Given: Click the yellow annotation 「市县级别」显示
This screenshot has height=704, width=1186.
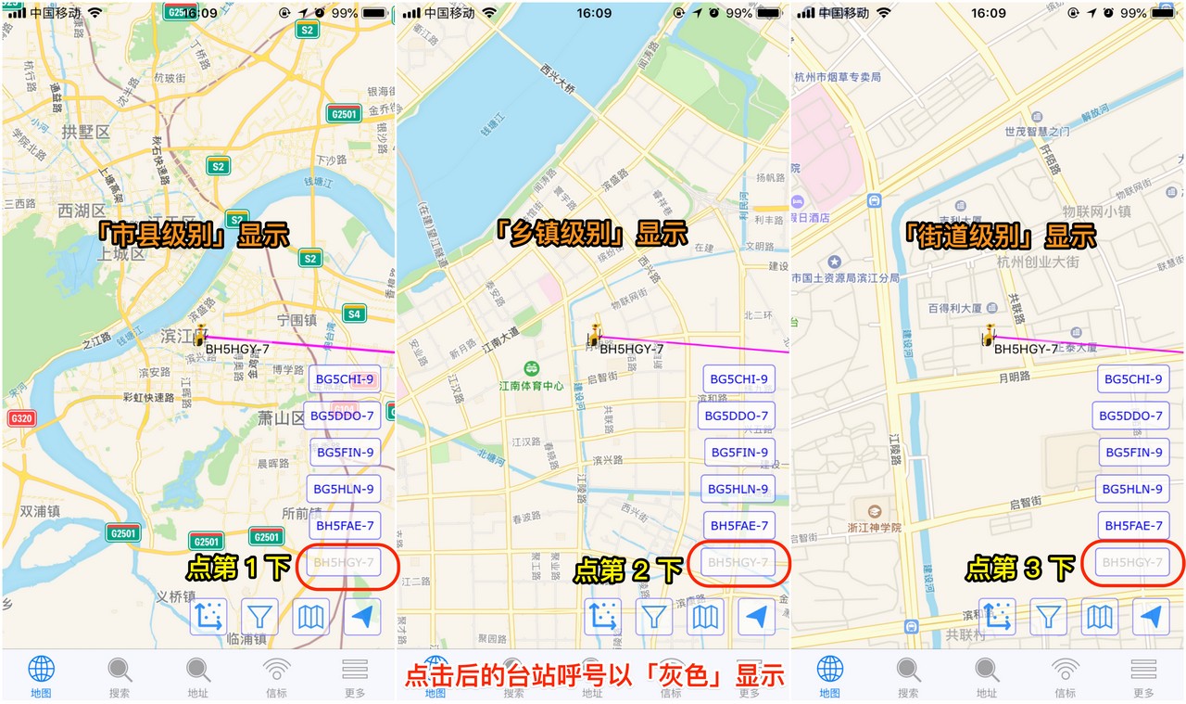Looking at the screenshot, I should (195, 234).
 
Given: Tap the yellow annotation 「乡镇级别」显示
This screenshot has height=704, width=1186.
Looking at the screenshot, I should (590, 233).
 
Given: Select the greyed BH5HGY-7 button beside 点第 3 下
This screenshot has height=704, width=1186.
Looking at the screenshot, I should (1131, 562).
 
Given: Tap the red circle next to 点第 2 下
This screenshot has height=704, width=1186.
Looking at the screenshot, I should (738, 562).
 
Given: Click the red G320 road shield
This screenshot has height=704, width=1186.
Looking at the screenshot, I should (21, 418).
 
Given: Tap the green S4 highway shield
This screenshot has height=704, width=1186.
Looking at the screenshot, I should (353, 314).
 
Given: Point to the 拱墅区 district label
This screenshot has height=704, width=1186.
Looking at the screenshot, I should (85, 133).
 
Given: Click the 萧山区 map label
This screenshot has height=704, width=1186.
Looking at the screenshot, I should (282, 418).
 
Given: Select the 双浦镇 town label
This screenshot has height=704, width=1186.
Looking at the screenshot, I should (40, 511).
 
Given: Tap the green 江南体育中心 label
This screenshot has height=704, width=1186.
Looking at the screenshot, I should (531, 385).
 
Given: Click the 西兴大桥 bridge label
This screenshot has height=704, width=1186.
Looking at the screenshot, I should (559, 77).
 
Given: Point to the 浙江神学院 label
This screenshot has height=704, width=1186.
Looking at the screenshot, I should (875, 527).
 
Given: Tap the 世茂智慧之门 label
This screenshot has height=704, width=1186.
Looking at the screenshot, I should (1038, 132).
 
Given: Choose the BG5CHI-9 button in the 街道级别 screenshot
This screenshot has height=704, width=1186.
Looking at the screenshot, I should (1133, 378).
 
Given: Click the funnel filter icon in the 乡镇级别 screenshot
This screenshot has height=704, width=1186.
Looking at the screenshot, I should (655, 616).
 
